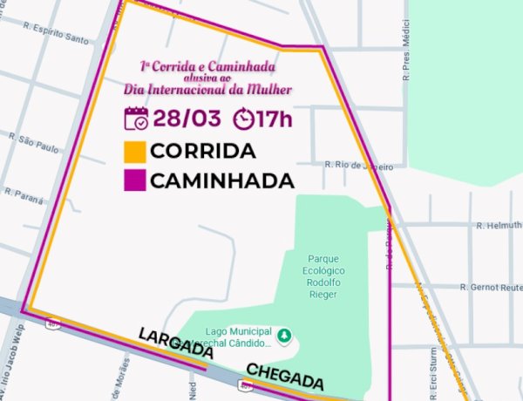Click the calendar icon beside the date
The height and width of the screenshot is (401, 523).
[137, 119]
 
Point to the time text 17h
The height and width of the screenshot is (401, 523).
[275, 119]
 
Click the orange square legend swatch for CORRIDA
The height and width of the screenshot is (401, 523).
[135, 151]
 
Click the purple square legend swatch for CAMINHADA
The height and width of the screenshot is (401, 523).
[135, 180]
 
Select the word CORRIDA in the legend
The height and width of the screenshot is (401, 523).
[203, 151]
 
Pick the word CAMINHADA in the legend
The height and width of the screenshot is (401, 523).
[221, 181]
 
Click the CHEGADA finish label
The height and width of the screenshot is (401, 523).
[284, 377]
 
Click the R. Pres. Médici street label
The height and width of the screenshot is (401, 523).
[406, 60]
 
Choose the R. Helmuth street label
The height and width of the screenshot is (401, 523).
[499, 227]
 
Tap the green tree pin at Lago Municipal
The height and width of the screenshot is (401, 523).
[284, 336]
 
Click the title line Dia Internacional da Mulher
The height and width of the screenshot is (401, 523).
[207, 89]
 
